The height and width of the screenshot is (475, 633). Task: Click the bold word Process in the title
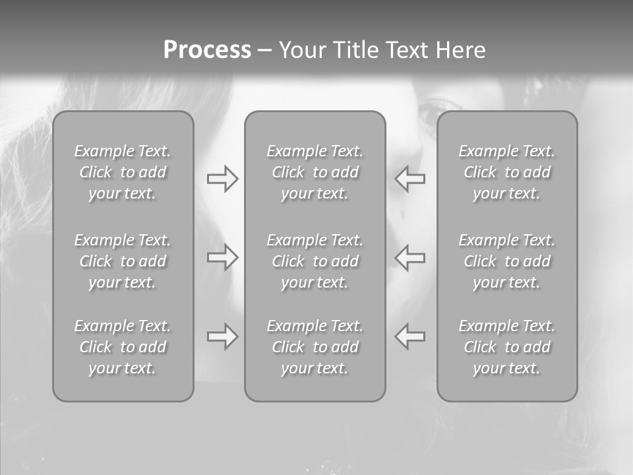pos(207,50)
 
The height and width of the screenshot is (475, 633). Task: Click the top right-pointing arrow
pos(223,179)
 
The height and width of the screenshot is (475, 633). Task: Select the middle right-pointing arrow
pos(223,257)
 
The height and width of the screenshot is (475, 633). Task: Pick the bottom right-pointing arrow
pos(223,336)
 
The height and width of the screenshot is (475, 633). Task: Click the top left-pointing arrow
pos(410,179)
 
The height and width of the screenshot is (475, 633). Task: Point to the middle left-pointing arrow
pos(410,257)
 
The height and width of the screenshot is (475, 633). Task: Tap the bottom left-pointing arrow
pos(410,336)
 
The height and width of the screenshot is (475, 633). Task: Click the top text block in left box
pos(123,172)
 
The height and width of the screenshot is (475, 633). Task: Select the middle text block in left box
pos(123,261)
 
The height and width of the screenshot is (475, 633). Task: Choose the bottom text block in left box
pos(123,347)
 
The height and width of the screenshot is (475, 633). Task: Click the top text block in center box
pos(315,172)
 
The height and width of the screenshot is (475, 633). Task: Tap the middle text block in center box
pos(315,261)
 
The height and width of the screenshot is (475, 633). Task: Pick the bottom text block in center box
pos(315,347)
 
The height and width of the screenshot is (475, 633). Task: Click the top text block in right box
pos(507,172)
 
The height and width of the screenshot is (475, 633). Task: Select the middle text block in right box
pos(507,261)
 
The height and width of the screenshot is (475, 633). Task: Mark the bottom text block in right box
pos(507,347)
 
